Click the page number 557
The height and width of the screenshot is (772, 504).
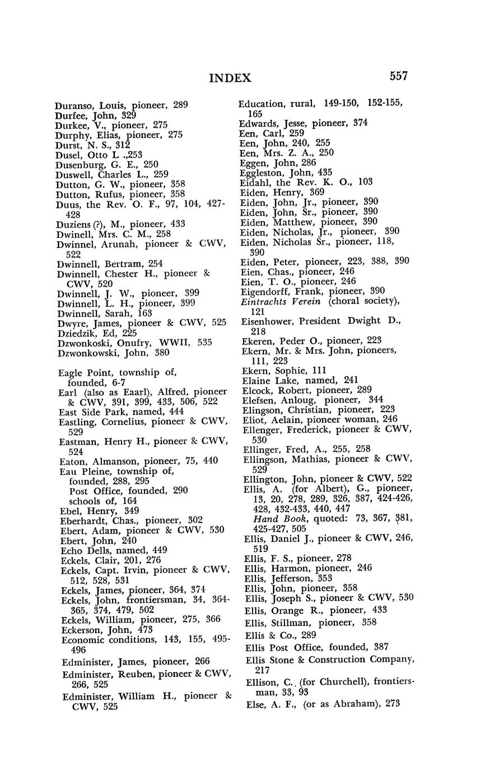(x=395, y=76)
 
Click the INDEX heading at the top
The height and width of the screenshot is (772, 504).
(x=230, y=78)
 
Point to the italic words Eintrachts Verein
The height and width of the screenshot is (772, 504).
(x=281, y=302)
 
